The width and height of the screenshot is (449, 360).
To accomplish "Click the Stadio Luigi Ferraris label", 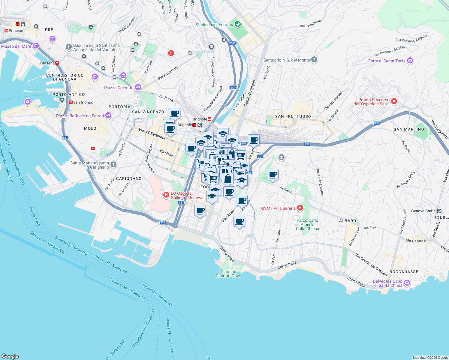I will click(x=214, y=25).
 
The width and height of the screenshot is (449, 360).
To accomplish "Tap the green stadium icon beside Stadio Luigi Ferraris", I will click(x=238, y=24).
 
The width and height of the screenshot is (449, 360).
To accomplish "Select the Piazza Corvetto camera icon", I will click(x=138, y=87).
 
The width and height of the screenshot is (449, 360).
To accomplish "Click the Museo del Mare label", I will click(x=16, y=46).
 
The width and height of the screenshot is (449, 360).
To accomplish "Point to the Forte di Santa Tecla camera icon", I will click(x=410, y=61).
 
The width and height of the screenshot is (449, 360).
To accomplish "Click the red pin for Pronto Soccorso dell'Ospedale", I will click(x=394, y=101).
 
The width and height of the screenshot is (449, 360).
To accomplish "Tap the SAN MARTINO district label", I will click(x=409, y=129).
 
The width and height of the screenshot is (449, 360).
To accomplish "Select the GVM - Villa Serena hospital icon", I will click(x=300, y=208).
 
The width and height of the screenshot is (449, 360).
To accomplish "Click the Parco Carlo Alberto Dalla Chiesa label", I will click(x=307, y=224).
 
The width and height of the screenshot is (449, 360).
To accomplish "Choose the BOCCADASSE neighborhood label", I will click(x=404, y=272).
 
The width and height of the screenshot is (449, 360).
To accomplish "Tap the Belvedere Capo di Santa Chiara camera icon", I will click(x=407, y=283).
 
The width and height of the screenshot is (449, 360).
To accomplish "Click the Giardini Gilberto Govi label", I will click(x=228, y=274).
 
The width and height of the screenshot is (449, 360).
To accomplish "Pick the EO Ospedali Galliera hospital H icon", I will click(x=166, y=195).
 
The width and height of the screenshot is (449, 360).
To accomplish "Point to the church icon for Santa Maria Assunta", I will click(x=113, y=164).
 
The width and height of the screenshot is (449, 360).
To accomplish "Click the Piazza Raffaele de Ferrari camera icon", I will click(x=108, y=115).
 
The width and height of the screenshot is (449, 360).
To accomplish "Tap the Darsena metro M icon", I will click(x=57, y=63).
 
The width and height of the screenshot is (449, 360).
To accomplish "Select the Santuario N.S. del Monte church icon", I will click(x=314, y=59).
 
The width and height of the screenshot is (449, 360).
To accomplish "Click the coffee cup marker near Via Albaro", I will click(x=273, y=174).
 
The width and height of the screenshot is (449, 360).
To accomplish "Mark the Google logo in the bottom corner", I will click(x=10, y=356).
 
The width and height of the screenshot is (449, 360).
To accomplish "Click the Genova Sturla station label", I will click(x=424, y=211).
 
